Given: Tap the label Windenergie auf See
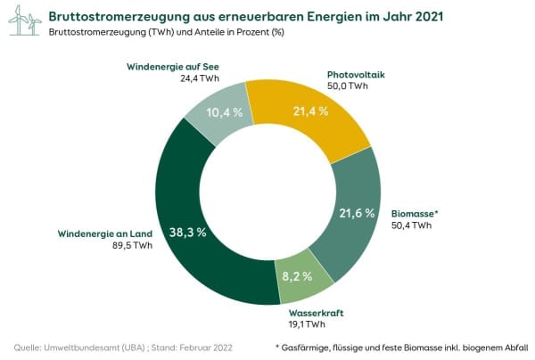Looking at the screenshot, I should click(x=173, y=67).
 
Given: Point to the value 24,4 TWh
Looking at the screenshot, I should click(x=200, y=78).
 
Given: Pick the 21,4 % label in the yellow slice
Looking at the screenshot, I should click(x=310, y=111).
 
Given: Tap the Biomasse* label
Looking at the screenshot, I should click(x=416, y=214).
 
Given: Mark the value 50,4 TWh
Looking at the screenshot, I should click(x=411, y=225).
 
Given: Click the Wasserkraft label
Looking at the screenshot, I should click(x=317, y=313).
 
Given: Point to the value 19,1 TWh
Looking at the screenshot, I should click(x=309, y=324).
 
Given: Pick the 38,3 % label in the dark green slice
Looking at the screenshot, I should click(x=189, y=232).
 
